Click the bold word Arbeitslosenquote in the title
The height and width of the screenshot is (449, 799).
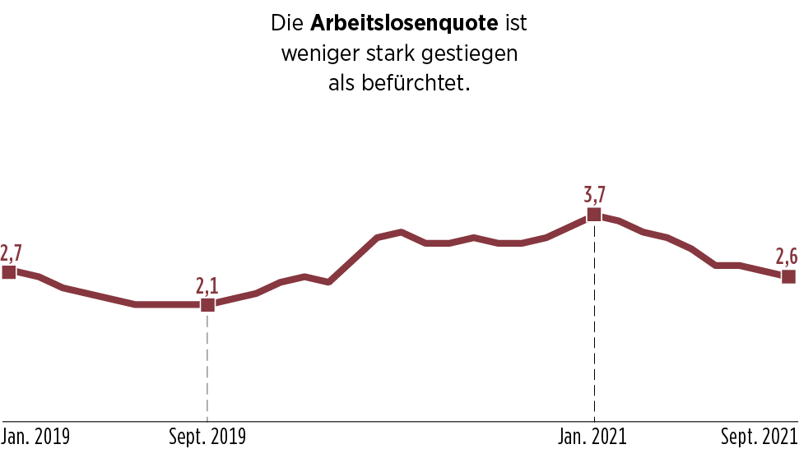pos(404,24)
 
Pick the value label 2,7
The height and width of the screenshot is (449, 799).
pos(11,252)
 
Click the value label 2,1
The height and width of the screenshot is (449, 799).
pos(207,285)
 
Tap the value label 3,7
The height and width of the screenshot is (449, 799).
pos(594,195)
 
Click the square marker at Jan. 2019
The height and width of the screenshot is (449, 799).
pos(9,272)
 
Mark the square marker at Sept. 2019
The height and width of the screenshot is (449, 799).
pos(207,305)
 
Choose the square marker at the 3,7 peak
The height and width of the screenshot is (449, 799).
pos(594,215)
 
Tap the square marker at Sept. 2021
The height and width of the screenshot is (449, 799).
pos(788,276)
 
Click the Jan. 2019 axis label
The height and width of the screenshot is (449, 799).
pos(35,436)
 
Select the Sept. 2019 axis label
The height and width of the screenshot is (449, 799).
pos(207,436)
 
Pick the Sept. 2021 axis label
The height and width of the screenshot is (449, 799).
pos(760,436)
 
